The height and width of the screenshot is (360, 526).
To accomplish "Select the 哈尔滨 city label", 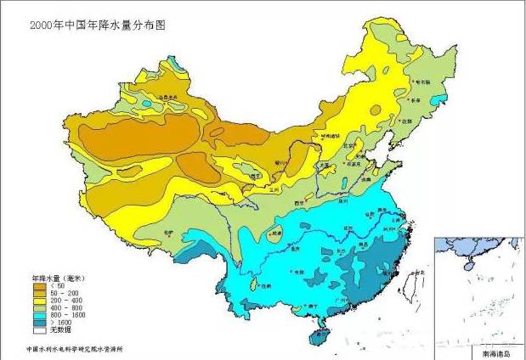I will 422,82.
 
